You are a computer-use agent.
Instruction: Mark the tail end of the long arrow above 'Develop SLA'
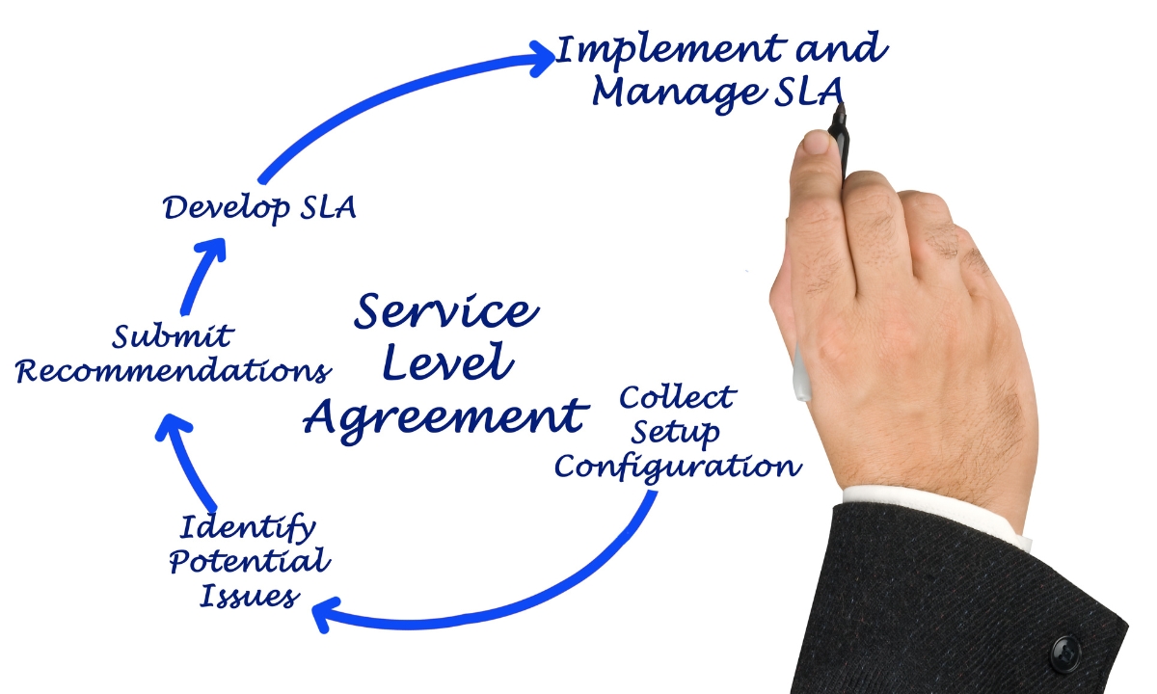pos(262,181)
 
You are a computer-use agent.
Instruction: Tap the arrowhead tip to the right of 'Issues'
pos(313,608)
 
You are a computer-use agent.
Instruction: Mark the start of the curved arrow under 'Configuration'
pos(654,494)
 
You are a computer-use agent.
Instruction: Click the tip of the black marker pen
pos(841,104)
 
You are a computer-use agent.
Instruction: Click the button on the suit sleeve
pos(1065,654)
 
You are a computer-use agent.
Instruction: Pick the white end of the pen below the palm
pos(801,374)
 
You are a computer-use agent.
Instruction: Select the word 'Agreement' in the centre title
pos(445,419)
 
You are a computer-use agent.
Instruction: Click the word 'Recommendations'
pos(174,371)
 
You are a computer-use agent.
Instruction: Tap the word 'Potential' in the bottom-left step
pos(250,562)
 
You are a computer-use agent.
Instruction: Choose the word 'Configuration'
pos(678,467)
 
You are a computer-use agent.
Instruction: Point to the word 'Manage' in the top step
pos(679,93)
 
